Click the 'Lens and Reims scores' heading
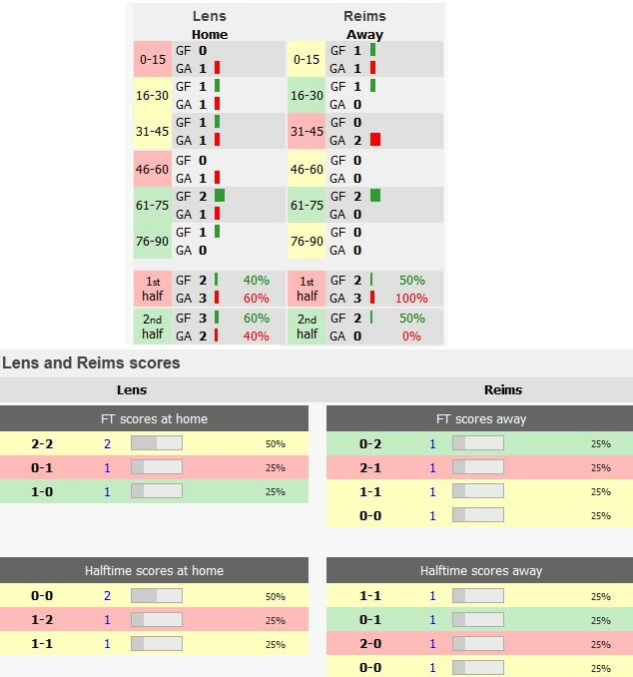point(91,363)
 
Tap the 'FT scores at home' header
point(154,418)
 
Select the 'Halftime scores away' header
point(480,571)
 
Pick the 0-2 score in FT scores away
point(370,443)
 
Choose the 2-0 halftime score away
point(370,644)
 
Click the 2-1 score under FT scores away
point(370,467)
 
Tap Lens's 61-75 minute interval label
point(153,205)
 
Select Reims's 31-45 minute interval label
point(307,131)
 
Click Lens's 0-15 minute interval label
point(153,59)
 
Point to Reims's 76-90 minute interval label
point(307,241)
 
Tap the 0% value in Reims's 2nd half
point(411,337)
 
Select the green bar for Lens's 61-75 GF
point(220,196)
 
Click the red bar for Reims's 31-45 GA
point(375,140)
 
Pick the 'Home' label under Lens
point(210,34)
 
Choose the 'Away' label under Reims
point(364,34)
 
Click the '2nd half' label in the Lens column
point(153,327)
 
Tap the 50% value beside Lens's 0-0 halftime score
point(275,596)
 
